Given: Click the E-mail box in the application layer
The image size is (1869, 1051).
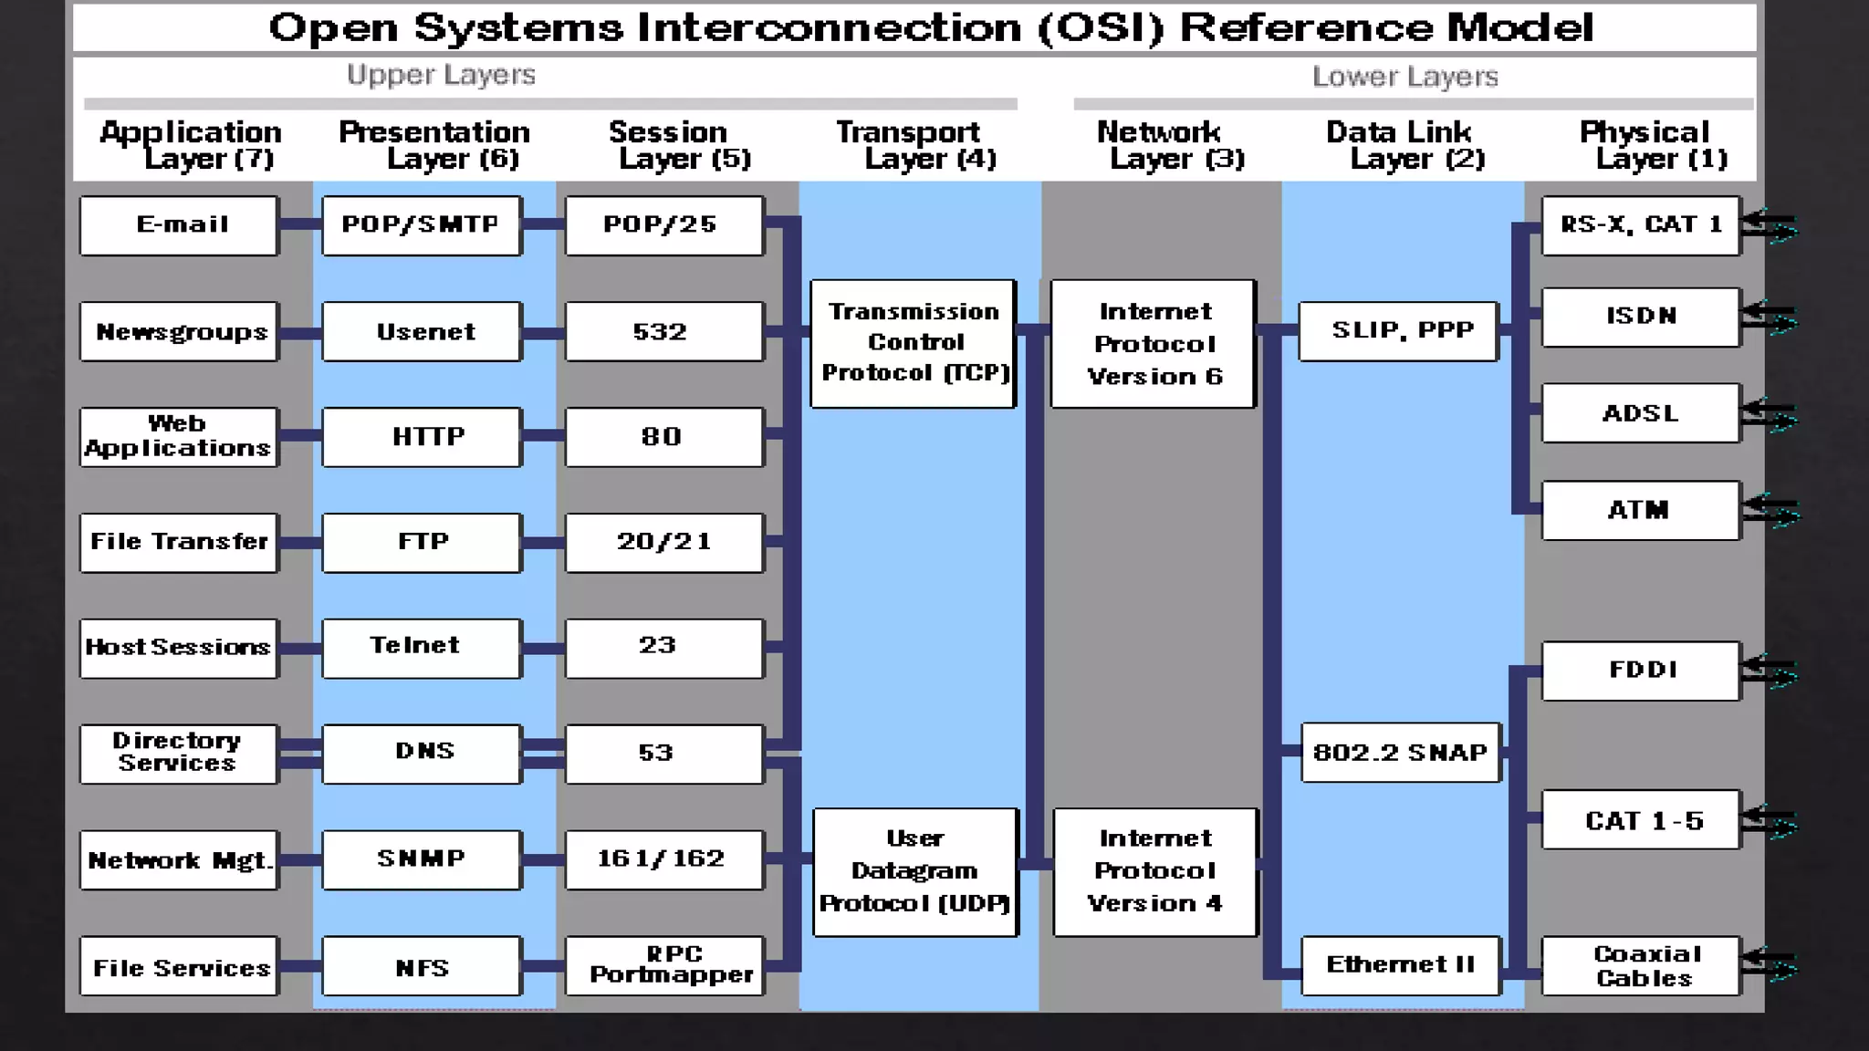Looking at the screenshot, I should [x=179, y=225].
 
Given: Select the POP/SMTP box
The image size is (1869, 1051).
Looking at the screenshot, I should [x=422, y=225].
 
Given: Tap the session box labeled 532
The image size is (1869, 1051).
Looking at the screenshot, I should [x=663, y=331].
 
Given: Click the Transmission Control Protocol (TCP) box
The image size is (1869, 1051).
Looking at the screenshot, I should [x=913, y=343].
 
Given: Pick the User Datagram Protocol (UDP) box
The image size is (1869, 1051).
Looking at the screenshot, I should [x=914, y=871].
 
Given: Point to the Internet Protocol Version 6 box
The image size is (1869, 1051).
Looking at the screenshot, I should [x=1154, y=343].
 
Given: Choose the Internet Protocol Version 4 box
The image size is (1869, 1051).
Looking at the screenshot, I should [x=1154, y=871].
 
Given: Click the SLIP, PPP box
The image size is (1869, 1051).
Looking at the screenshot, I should [x=1399, y=331].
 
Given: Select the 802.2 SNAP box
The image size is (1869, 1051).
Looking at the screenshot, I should [x=1401, y=753].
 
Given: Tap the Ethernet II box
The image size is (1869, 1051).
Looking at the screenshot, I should [x=1401, y=965].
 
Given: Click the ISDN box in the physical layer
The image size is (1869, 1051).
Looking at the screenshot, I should [x=1641, y=317].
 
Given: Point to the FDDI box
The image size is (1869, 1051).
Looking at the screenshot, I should [x=1641, y=671].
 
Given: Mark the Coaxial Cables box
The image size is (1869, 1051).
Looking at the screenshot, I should [x=1641, y=965].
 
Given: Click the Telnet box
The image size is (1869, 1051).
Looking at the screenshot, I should [x=422, y=648].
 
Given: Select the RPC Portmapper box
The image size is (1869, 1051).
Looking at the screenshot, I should [x=663, y=965].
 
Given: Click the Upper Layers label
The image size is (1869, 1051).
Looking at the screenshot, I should [x=441, y=75].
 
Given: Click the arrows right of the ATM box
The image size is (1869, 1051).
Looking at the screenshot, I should [x=1771, y=509].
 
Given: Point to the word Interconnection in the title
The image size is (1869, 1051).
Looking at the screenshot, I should [x=829, y=27].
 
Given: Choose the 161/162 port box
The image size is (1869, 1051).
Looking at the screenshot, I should [x=663, y=859].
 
